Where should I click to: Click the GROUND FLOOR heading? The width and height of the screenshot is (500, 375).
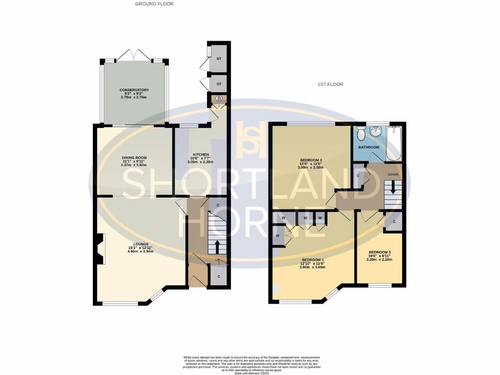154,4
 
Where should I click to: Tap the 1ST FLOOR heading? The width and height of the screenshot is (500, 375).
330,84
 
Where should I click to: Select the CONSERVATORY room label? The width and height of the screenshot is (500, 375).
134,90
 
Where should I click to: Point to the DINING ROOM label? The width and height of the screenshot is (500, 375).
134,157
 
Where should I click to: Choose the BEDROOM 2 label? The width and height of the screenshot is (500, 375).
311,160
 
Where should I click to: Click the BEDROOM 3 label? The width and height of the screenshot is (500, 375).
379,252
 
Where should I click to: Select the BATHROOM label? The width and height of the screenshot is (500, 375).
369,147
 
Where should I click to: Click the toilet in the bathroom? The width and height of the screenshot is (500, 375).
361,132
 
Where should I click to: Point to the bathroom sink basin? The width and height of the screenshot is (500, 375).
376,132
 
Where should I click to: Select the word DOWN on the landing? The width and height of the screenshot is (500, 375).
393,174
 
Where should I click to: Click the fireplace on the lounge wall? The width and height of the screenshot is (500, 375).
100,250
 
